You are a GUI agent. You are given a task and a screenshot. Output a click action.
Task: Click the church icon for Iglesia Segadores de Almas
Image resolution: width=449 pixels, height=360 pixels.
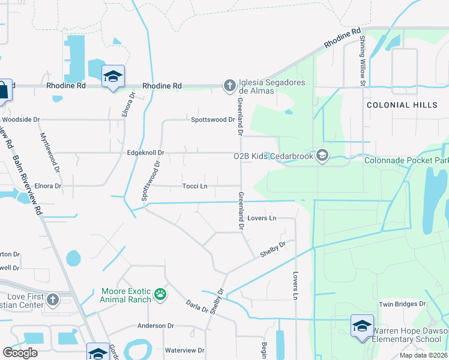(x=229, y=86)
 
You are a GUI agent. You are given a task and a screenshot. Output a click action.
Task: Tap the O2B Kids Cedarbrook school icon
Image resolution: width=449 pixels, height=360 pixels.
(x=323, y=156)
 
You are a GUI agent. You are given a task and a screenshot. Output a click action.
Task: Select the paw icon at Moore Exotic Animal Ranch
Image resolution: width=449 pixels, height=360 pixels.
(x=160, y=294)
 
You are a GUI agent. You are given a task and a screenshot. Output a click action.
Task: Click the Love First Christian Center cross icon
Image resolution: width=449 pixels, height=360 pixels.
(x=52, y=299)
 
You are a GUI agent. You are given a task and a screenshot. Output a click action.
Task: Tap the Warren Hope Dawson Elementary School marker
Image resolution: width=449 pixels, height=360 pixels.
(x=362, y=326)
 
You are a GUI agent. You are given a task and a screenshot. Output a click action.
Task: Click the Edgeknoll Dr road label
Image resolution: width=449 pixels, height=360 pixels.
(x=146, y=154)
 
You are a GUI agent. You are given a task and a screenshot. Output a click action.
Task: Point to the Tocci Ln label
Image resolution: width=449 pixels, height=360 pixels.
(x=194, y=186)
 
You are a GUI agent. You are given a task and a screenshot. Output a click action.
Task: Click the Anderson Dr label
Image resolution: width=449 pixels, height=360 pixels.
(x=155, y=326)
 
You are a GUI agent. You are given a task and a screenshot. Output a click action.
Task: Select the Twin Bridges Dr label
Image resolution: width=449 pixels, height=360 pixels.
(x=402, y=304)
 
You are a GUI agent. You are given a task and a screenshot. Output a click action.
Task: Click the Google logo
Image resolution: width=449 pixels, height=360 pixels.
(x=20, y=353)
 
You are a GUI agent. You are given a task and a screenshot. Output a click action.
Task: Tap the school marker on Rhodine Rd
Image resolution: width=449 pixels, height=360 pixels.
(x=113, y=77)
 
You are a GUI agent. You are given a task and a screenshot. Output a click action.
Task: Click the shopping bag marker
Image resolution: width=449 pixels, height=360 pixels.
(x=3, y=91)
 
